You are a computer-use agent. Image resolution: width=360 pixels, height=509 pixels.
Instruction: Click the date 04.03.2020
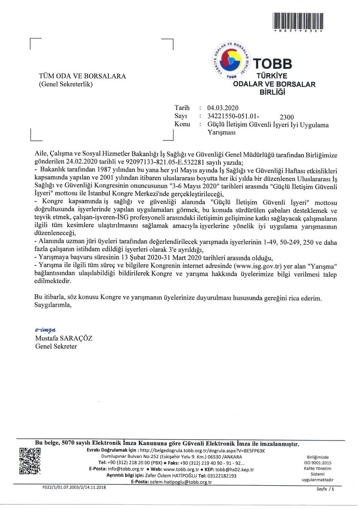click(223, 108)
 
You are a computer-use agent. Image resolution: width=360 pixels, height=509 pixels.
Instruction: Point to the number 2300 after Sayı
click(287, 117)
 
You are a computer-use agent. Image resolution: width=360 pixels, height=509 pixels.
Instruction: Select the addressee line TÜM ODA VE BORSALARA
click(82, 76)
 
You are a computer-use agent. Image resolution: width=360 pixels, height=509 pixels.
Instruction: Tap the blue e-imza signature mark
click(45, 329)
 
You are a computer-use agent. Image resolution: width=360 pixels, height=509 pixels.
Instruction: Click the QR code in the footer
click(30, 461)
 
